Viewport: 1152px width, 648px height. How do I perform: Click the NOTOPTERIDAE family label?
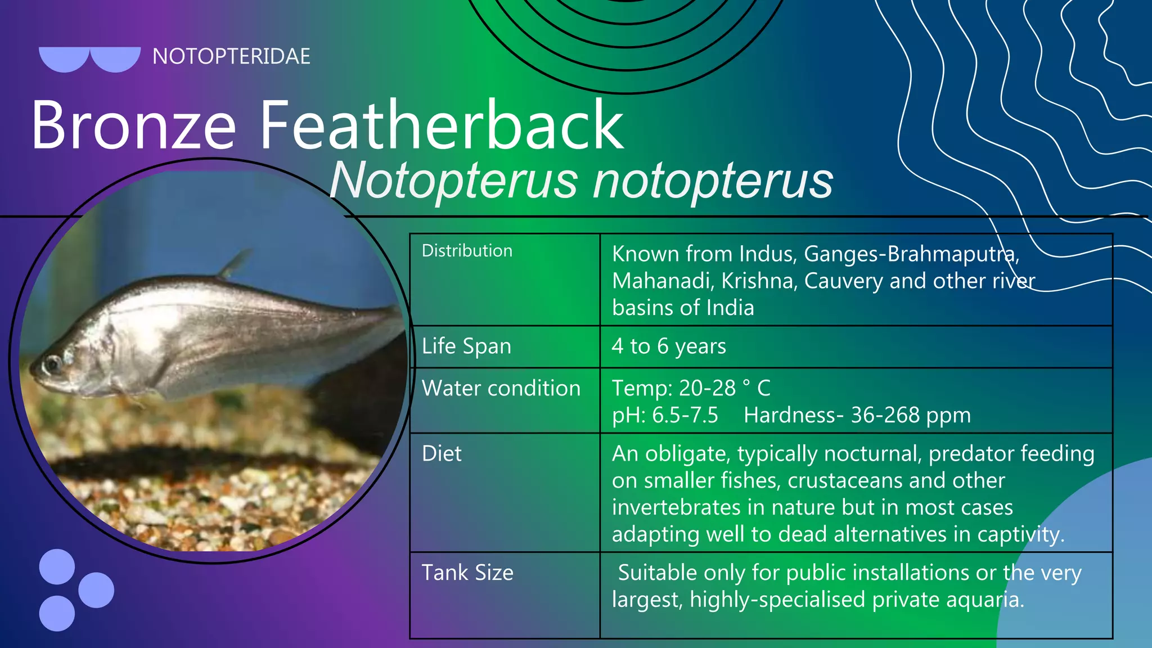tap(231, 57)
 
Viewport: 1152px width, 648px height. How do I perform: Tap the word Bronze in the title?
tap(133, 125)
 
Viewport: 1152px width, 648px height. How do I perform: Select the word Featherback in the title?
tap(442, 125)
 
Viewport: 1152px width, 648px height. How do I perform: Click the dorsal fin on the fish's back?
tap(236, 263)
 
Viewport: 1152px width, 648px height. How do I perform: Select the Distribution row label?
tap(467, 251)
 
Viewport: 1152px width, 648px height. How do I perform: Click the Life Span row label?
tap(466, 346)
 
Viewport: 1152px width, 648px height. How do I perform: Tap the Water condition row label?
tap(501, 389)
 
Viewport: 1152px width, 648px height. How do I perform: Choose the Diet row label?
tap(442, 454)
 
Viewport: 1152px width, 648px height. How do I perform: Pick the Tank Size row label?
tap(467, 573)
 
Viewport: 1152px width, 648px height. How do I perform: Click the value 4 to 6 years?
tap(669, 346)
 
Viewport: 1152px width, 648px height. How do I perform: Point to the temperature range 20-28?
tap(707, 389)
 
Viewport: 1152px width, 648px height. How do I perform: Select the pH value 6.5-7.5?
tap(685, 416)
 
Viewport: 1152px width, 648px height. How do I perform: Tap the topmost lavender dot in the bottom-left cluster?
tap(57, 566)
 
